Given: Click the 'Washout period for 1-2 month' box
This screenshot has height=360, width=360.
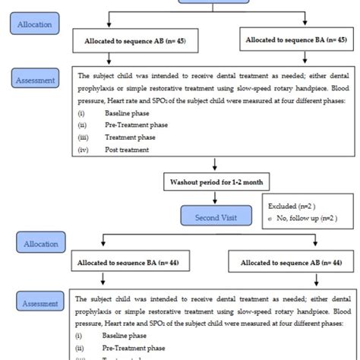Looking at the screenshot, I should click(215, 182).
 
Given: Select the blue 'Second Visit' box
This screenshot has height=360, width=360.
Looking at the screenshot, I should click(215, 216).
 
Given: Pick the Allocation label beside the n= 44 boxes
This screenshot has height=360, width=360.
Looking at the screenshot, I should click(39, 244).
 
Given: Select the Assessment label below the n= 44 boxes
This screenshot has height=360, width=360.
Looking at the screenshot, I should click(39, 303).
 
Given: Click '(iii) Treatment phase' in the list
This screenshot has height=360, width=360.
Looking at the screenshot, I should click(128, 138).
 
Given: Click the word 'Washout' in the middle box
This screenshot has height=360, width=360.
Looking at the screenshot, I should click(184, 182).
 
